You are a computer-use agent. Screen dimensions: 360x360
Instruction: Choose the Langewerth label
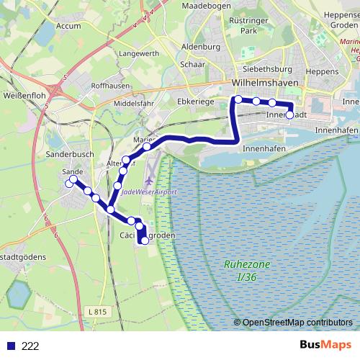tap(139, 54)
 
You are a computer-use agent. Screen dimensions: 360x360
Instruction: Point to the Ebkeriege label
tap(198, 102)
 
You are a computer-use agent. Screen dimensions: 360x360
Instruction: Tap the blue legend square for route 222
tap(9, 346)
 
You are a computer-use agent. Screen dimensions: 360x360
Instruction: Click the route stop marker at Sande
tap(70, 184)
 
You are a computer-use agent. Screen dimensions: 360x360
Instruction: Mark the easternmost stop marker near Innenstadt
tap(289, 114)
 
